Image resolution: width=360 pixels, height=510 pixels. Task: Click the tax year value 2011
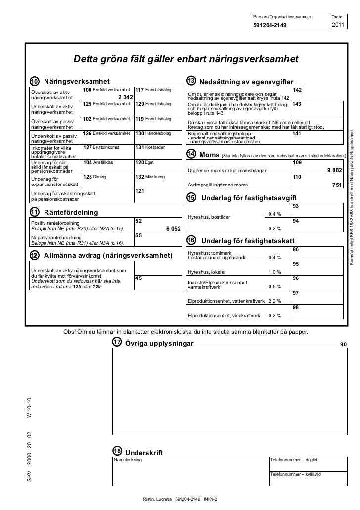pos(338,26)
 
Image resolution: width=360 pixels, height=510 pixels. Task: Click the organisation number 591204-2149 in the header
pos(270,26)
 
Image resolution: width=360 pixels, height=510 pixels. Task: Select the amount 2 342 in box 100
pos(124,97)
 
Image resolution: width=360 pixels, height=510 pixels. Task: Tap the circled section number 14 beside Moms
pos(191,155)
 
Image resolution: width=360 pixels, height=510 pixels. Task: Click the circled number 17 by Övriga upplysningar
pos(117,343)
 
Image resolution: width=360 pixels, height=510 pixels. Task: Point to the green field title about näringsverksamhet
pos(186,60)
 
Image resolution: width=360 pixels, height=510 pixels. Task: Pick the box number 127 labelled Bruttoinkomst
pos(87,147)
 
